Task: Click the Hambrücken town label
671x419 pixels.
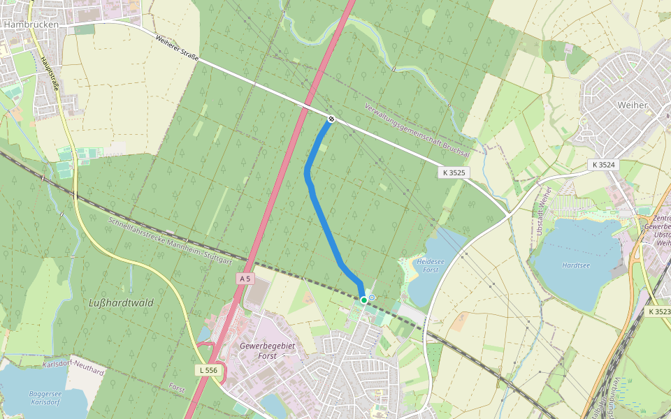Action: [30, 23]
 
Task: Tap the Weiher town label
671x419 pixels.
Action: [633, 105]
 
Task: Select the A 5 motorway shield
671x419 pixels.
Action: [244, 279]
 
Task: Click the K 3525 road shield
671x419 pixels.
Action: [453, 172]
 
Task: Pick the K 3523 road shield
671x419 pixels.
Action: [658, 311]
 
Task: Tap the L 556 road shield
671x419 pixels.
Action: [207, 369]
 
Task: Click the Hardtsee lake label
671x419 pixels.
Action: [575, 265]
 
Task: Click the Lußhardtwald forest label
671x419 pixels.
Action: [121, 303]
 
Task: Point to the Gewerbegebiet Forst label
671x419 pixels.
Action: [268, 351]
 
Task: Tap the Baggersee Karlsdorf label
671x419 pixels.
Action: [46, 398]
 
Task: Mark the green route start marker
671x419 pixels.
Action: [364, 300]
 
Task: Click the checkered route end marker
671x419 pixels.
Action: [331, 119]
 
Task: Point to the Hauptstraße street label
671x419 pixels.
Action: [50, 77]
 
